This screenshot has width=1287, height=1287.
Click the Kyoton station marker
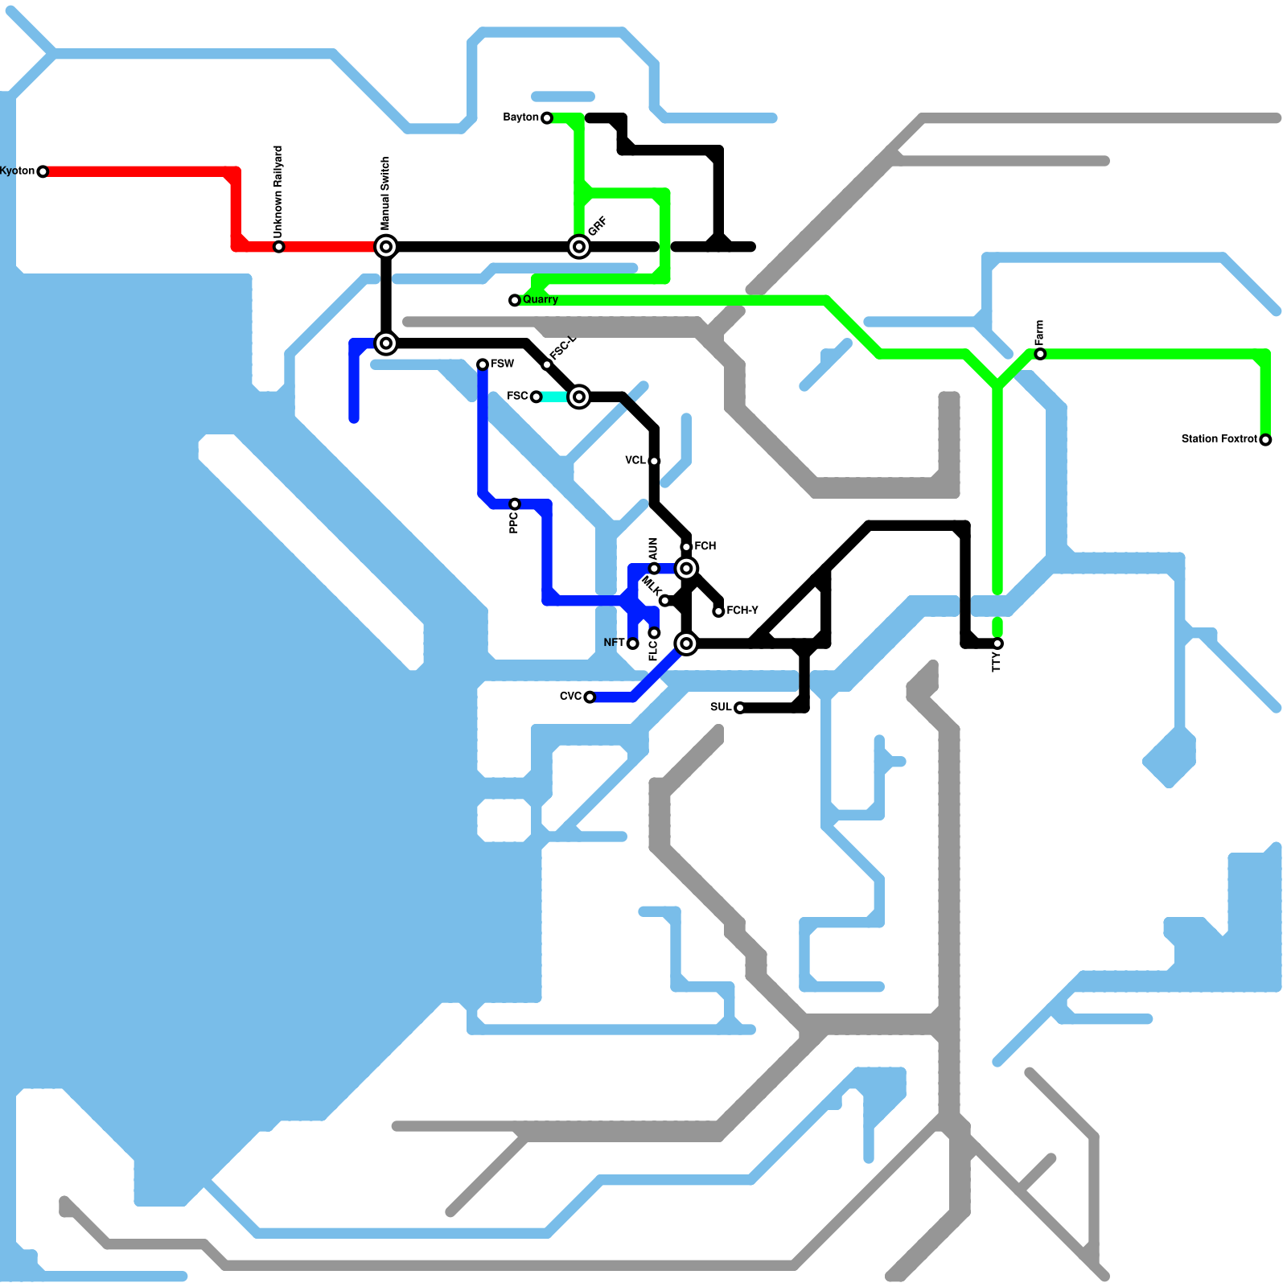(43, 171)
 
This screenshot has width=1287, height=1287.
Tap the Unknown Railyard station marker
(278, 246)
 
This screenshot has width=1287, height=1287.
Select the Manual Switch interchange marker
(386, 246)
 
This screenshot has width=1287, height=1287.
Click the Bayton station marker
(547, 118)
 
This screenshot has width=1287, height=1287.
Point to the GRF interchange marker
(579, 246)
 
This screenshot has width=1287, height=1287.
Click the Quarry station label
(540, 299)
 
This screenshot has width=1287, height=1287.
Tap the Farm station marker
(1040, 354)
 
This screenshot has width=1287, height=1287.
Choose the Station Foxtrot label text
(1219, 438)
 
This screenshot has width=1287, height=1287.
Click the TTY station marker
(997, 643)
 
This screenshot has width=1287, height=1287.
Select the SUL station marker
(739, 708)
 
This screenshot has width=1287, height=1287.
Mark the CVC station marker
(590, 697)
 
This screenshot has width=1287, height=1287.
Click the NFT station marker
(633, 643)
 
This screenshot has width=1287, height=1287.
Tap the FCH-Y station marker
(718, 611)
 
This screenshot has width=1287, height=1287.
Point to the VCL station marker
(654, 461)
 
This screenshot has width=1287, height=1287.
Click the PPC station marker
(515, 504)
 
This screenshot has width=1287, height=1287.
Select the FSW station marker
(483, 364)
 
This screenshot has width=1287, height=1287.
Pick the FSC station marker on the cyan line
(536, 397)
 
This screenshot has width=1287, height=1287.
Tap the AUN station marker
(654, 569)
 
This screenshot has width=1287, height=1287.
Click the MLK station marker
(664, 600)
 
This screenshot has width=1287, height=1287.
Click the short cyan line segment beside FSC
(555, 397)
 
